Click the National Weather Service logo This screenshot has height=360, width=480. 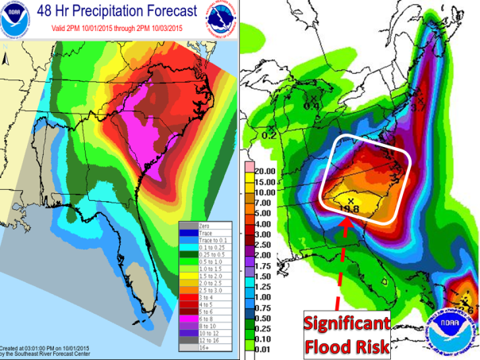[224, 17]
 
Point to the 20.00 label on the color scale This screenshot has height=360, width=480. [268, 170]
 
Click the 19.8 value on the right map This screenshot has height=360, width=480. [350, 209]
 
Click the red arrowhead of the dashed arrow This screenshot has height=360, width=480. [347, 224]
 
